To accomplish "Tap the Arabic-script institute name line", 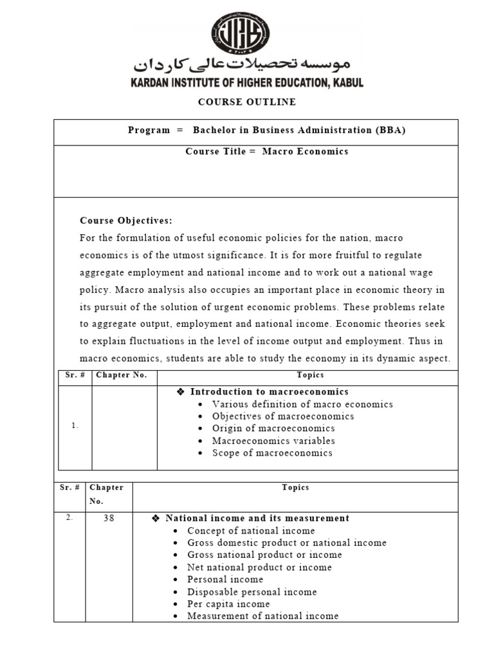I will point(242,65).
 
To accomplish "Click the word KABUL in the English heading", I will point(346,83).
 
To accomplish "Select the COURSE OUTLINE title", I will point(247,102).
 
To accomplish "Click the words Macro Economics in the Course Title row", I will point(305,151).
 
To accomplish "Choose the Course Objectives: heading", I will point(126,221).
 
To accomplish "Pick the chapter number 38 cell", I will point(109,518).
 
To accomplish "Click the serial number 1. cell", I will point(75,425).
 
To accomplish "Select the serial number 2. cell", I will point(69,517).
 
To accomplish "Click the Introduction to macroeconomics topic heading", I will point(270,392).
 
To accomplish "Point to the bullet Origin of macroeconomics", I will point(273,429).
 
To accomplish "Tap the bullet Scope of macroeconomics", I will point(272,453).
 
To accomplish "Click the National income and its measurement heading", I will point(257,518).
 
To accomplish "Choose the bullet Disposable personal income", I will point(252,592).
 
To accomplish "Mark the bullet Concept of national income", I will point(251,531).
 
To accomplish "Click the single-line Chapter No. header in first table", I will point(122,375).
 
